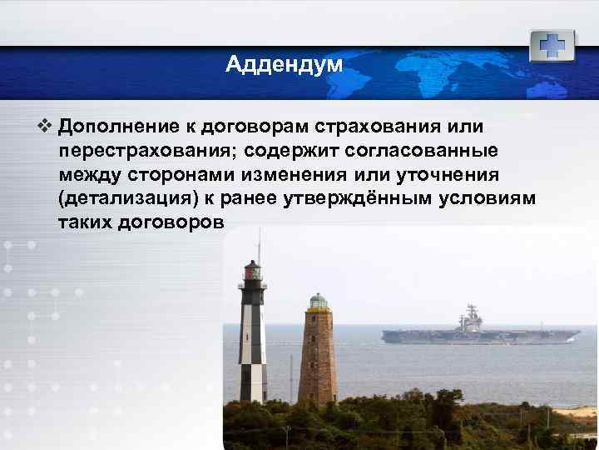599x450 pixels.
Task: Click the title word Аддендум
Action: (284, 64)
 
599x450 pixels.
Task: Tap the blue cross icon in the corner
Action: (552, 46)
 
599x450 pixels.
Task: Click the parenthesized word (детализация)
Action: (125, 201)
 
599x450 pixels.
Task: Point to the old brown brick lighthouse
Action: (317, 354)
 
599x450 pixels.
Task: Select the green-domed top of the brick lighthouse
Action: (318, 301)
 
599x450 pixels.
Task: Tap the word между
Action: (89, 177)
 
